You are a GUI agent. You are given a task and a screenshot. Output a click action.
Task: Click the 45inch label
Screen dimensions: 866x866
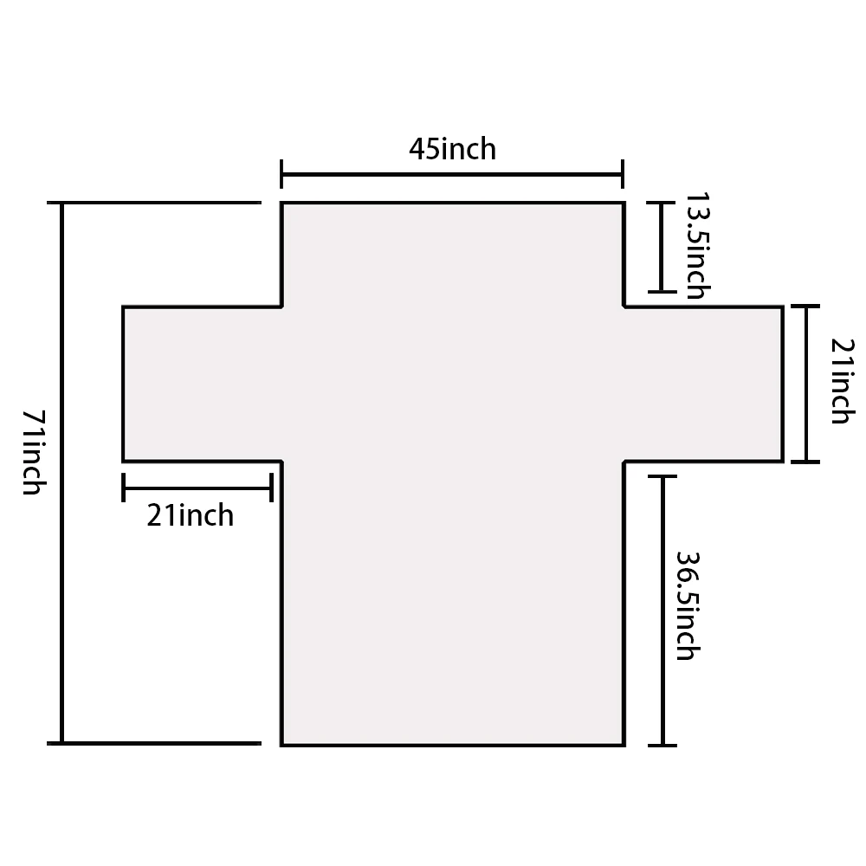(452, 149)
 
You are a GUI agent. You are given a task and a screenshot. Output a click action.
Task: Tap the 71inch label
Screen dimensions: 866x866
(35, 452)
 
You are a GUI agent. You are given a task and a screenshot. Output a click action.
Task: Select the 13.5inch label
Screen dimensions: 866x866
(697, 246)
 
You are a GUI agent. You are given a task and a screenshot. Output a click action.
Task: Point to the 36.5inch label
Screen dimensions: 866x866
(688, 606)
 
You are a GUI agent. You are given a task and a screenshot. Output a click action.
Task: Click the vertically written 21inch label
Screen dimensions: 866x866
(843, 381)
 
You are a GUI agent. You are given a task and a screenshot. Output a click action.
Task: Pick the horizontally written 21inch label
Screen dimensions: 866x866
(190, 515)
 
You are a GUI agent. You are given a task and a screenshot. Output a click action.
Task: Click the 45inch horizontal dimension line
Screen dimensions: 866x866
(452, 175)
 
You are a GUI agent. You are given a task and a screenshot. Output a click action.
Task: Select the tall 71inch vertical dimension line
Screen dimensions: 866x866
(61, 474)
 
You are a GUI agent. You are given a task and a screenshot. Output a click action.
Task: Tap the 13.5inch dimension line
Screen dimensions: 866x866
(661, 247)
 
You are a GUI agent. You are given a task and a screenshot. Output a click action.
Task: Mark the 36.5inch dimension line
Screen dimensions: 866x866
(662, 611)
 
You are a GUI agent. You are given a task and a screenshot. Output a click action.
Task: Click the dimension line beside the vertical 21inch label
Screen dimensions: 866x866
(805, 384)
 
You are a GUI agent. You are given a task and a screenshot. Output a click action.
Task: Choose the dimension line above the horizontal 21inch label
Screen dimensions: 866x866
(197, 488)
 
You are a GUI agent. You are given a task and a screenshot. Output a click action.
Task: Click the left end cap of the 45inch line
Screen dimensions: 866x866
(281, 175)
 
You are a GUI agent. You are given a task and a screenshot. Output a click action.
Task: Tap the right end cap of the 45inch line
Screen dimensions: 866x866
(623, 175)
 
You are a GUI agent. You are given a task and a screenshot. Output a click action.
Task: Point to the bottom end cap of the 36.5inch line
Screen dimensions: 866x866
(662, 746)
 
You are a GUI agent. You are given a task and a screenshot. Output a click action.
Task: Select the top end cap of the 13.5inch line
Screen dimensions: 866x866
(661, 203)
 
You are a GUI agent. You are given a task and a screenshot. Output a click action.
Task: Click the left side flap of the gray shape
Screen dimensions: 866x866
(202, 384)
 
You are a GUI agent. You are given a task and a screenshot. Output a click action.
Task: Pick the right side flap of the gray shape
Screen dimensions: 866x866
(703, 384)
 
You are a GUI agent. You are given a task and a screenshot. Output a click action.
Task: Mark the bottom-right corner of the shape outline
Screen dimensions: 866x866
(624, 746)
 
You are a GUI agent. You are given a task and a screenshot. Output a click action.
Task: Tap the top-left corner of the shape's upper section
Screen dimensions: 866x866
(281, 204)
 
